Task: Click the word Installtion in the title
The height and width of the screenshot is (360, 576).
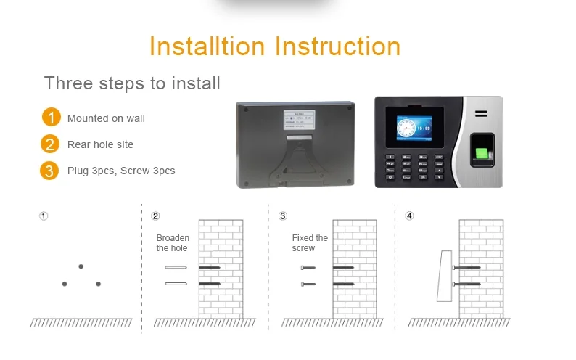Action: click(x=208, y=46)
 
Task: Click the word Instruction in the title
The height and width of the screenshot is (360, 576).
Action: click(x=337, y=46)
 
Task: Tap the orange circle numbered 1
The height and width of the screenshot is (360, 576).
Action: click(x=50, y=118)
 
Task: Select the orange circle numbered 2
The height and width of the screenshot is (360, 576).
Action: click(x=50, y=144)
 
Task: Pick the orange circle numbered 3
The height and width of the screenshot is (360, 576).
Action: click(x=50, y=171)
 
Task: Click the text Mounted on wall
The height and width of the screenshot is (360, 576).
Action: click(x=106, y=118)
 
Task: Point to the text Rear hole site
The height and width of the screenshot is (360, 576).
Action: click(x=100, y=144)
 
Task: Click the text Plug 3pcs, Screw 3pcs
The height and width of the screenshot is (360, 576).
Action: click(x=121, y=171)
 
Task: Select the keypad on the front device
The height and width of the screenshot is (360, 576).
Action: click(x=416, y=167)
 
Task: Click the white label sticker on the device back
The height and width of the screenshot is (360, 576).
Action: click(x=297, y=120)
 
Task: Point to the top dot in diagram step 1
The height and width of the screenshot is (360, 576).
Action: click(x=81, y=266)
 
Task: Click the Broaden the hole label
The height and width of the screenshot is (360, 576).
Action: click(x=173, y=243)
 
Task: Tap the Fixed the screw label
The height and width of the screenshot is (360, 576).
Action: click(x=310, y=243)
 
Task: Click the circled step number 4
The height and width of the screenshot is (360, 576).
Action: click(x=409, y=216)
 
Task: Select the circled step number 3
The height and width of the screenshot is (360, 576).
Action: click(x=283, y=216)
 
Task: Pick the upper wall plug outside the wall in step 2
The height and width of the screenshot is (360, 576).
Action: click(x=176, y=268)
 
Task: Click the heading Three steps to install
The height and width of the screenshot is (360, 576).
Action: click(x=132, y=83)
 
